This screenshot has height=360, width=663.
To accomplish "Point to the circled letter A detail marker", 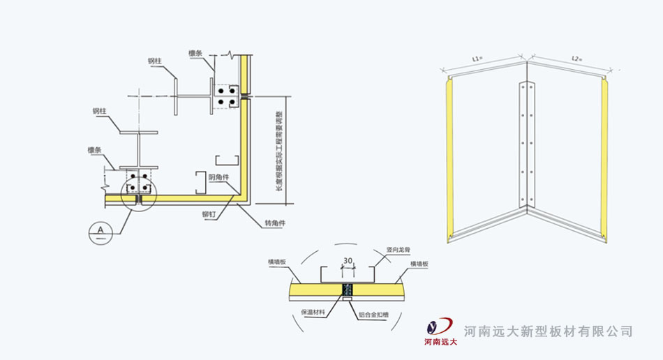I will (x=102, y=230).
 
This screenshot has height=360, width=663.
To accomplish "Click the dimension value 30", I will (x=347, y=262).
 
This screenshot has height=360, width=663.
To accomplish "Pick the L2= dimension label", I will (x=576, y=59).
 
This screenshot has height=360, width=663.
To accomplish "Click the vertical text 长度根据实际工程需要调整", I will (x=278, y=149).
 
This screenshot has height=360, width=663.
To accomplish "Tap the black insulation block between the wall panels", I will (x=347, y=289).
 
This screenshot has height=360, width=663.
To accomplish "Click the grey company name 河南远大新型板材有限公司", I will (x=549, y=331).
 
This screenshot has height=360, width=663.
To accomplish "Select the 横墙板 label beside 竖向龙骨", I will (x=419, y=264).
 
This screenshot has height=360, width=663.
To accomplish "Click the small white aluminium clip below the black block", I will (x=347, y=299).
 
